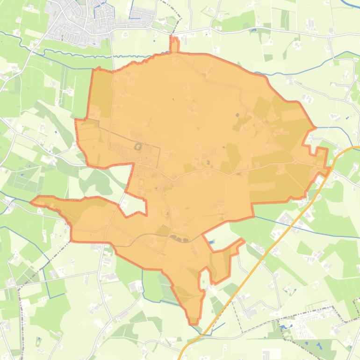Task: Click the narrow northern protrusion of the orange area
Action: [174, 45]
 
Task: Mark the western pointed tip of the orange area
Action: [33, 202]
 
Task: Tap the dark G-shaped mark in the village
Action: [138, 147]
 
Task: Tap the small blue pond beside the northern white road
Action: [253, 30]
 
